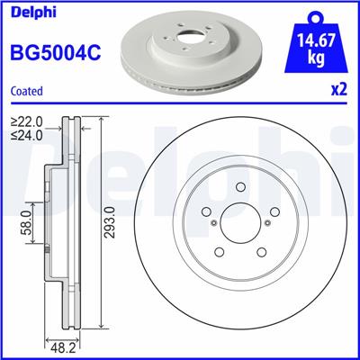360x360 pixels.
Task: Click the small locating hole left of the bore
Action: point(211,224)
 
